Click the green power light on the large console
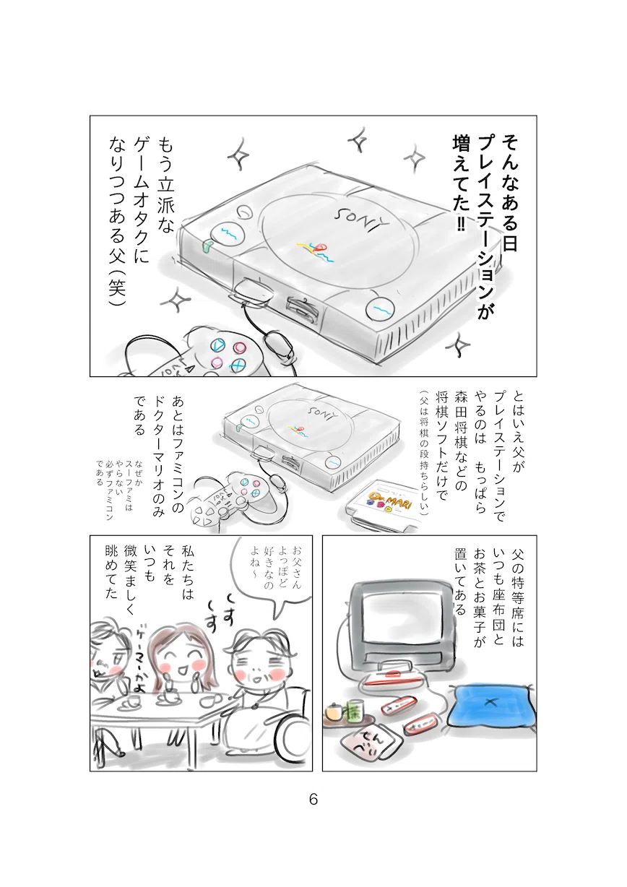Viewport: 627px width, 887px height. [x=207, y=246]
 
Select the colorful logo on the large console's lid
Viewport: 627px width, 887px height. [x=316, y=252]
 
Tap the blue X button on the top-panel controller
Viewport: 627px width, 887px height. [x=238, y=365]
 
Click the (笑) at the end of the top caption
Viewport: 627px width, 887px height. [x=117, y=286]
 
